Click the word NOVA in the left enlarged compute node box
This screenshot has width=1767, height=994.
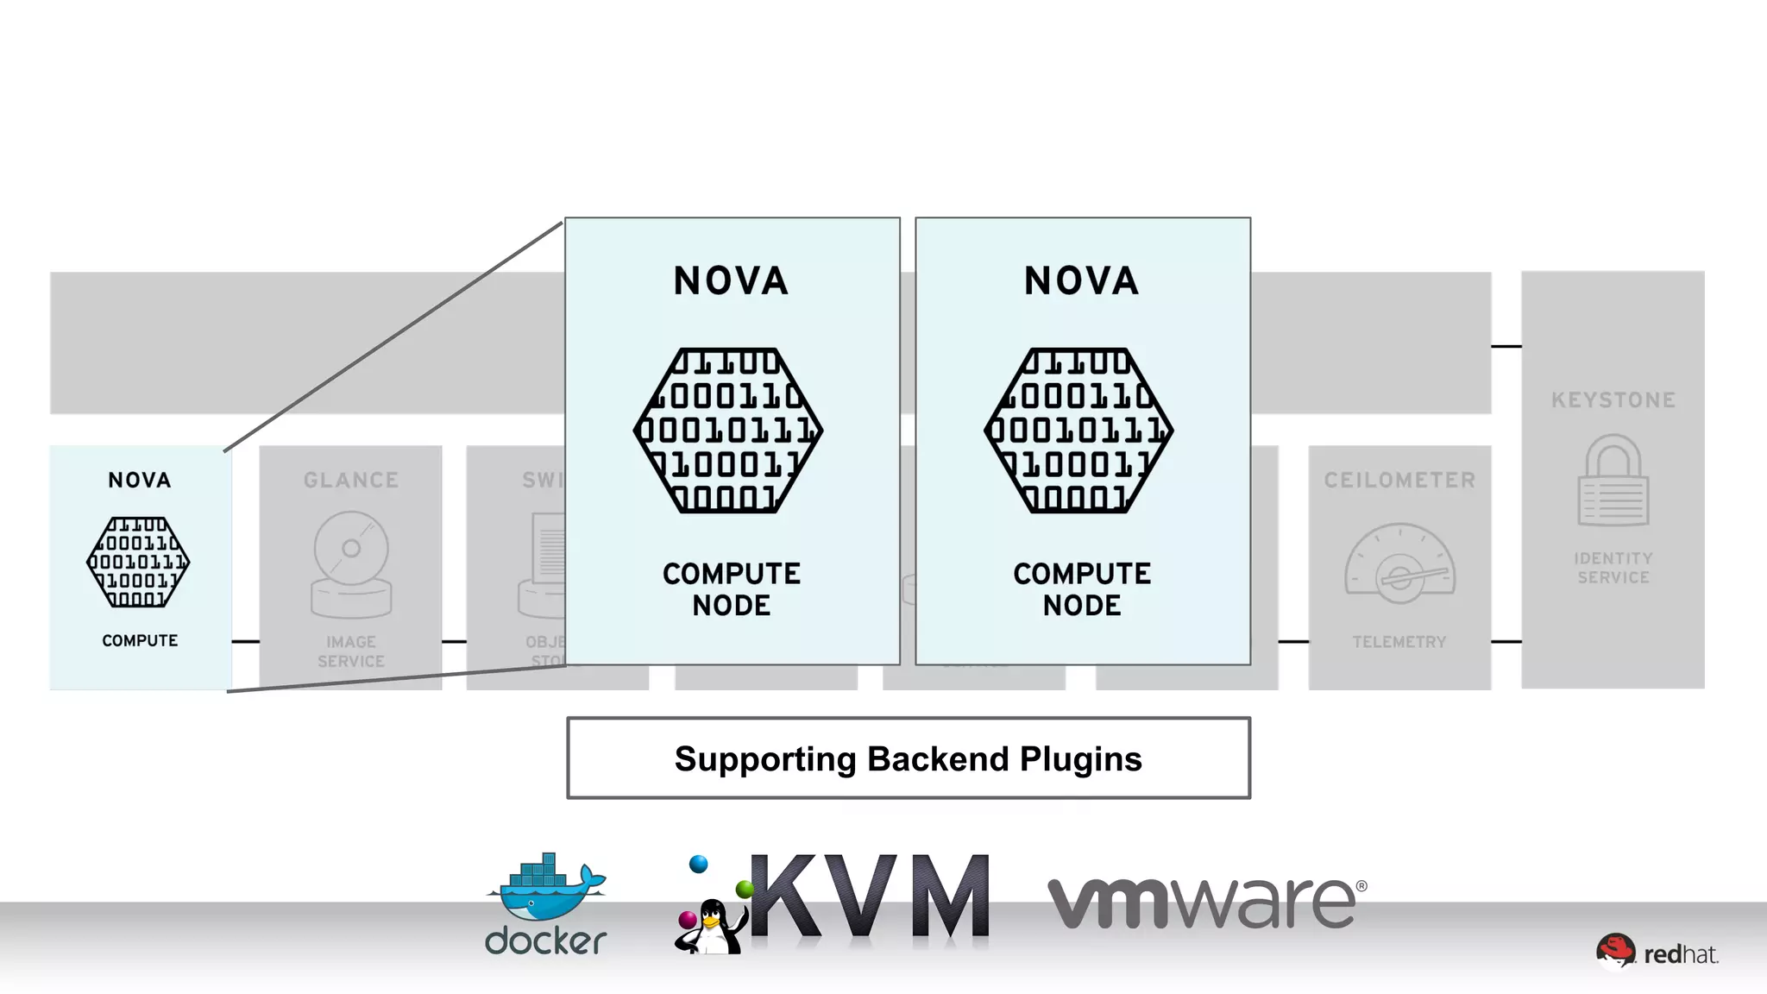731,281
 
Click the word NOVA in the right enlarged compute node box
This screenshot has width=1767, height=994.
1081,281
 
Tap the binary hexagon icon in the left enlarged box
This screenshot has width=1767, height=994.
729,431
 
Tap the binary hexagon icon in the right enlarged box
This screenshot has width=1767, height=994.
1079,431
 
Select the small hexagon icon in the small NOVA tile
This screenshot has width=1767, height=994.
138,563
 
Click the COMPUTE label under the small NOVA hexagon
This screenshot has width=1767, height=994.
140,640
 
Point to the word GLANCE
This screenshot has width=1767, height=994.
351,481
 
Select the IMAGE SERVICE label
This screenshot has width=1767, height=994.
351,651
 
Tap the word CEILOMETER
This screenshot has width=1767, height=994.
1399,481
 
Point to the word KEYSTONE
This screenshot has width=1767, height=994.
1613,400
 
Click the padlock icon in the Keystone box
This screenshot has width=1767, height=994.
1613,481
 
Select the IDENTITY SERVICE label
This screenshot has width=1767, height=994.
1613,568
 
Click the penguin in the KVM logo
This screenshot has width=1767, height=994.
711,927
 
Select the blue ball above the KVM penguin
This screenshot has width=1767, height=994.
699,864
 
